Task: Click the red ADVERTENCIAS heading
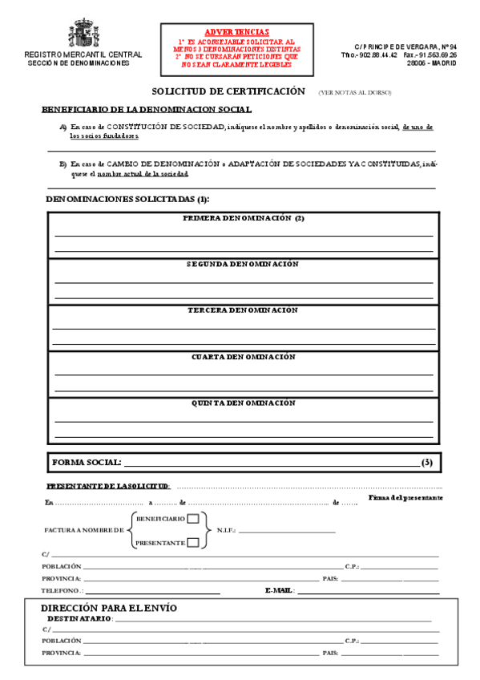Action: click(236, 31)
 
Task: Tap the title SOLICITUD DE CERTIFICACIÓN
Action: click(228, 91)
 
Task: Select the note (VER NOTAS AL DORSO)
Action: click(354, 93)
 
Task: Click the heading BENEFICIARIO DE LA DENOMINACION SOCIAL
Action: click(147, 109)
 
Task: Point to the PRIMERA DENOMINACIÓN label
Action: click(244, 218)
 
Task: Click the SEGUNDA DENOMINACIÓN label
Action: click(243, 264)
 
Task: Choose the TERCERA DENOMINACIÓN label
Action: click(243, 310)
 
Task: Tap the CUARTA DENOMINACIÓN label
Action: click(243, 357)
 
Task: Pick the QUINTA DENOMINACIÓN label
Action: click(243, 403)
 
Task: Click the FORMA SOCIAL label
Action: click(87, 463)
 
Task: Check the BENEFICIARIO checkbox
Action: click(193, 519)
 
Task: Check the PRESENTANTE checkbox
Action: click(193, 543)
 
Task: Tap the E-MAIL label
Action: click(279, 591)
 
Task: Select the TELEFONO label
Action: click(62, 591)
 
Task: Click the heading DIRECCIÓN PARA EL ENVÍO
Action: click(108, 608)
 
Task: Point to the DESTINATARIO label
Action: click(79, 619)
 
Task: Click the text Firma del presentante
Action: click(405, 498)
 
